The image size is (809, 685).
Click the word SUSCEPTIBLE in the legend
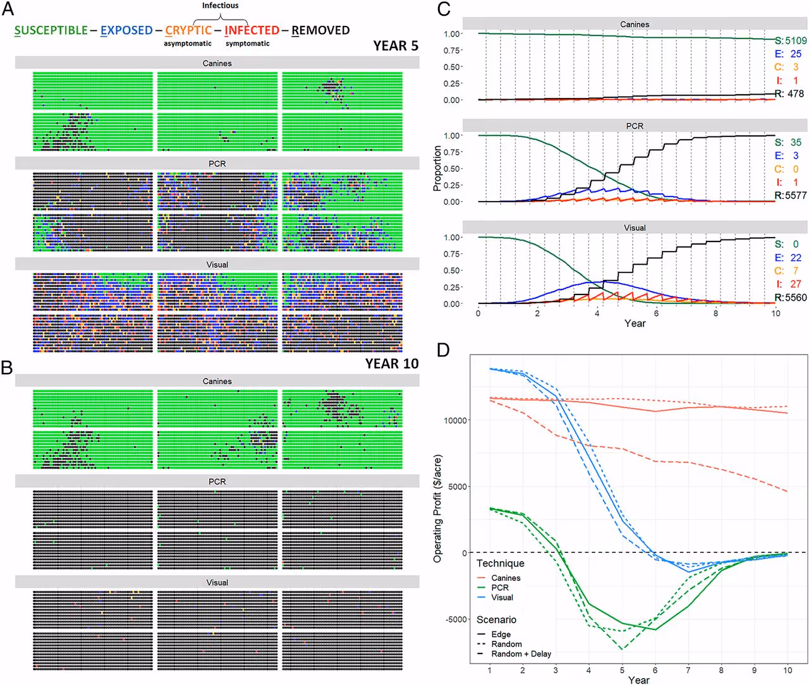(51, 30)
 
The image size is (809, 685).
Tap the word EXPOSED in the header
(126, 30)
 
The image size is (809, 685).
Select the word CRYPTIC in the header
(188, 30)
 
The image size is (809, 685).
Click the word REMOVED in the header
(320, 30)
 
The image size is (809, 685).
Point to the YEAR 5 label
(395, 45)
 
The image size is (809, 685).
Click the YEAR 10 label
(392, 363)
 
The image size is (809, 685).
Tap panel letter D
(443, 349)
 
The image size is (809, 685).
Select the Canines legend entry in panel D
(499, 578)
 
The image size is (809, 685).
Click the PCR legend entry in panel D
(493, 588)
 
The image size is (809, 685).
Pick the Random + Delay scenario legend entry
(514, 653)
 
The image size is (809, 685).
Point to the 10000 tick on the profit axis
(455, 420)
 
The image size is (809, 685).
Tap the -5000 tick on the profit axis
(456, 619)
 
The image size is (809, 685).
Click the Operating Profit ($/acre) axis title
(437, 509)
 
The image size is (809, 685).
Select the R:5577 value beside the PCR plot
(790, 195)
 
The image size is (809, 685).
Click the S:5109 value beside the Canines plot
(790, 40)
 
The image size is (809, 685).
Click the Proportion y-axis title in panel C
(437, 168)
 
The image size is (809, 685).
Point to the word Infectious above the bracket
(220, 6)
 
